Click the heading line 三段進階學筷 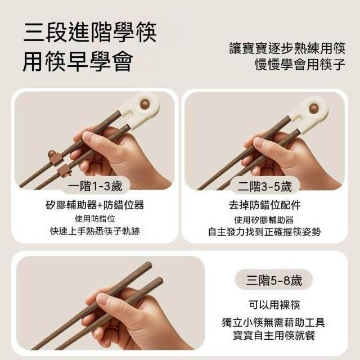pyautogui.click(x=90, y=32)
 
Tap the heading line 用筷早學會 pyautogui.click(x=78, y=61)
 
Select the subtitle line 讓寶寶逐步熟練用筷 pyautogui.click(x=287, y=48)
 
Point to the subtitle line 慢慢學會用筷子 pyautogui.click(x=300, y=64)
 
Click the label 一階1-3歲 pyautogui.click(x=95, y=186)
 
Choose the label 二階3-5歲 pyautogui.click(x=264, y=186)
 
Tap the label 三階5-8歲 pyautogui.click(x=274, y=280)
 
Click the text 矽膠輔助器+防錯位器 pyautogui.click(x=95, y=205)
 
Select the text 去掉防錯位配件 pyautogui.click(x=264, y=205)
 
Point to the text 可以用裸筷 pyautogui.click(x=274, y=305)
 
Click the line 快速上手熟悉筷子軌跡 pyautogui.click(x=95, y=231)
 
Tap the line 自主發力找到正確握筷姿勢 pyautogui.click(x=264, y=231)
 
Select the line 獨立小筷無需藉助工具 pyautogui.click(x=274, y=322)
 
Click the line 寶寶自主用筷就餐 pyautogui.click(x=274, y=335)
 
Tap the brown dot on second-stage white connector pyautogui.click(x=314, y=109)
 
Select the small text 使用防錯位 pyautogui.click(x=95, y=219)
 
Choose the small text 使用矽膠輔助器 pyautogui.click(x=264, y=220)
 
